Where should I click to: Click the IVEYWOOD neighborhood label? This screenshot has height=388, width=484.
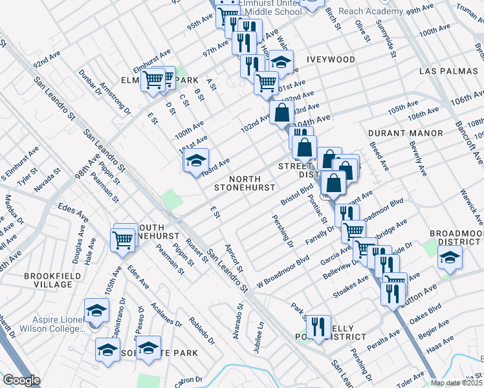click(331, 59)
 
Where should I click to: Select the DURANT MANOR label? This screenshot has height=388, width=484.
click(405, 133)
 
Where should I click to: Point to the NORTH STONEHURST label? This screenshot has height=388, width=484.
click(246, 183)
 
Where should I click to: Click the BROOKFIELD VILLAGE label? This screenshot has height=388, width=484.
click(48, 280)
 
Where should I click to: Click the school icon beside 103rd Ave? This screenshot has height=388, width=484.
click(195, 162)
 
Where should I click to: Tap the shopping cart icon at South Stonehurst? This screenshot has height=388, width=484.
click(122, 239)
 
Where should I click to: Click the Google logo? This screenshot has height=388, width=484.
click(21, 380)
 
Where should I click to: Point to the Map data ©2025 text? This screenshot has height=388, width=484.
click(457, 383)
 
